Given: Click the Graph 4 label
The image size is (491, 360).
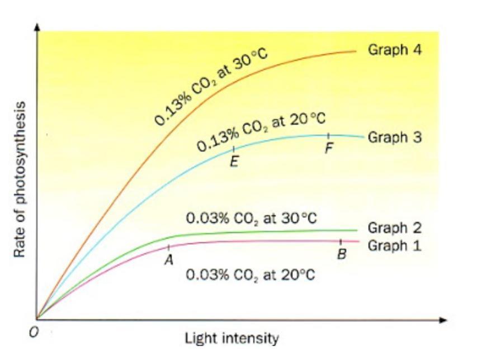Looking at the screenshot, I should [x=394, y=50].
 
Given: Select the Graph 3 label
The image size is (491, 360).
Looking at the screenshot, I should [x=394, y=137].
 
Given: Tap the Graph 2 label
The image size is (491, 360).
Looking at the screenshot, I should [x=394, y=228].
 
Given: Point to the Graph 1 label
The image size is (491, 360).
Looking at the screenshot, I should [x=394, y=245].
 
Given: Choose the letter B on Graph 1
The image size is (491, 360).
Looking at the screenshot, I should [x=341, y=254].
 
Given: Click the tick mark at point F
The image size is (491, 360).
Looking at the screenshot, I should [x=329, y=136].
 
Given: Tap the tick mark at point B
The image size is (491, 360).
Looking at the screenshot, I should [x=341, y=241].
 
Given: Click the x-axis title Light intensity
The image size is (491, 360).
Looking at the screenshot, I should [x=232, y=338].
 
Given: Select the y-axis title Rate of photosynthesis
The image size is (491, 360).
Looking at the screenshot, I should [x=20, y=179].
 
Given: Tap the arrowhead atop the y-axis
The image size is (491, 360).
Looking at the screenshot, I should [x=37, y=27].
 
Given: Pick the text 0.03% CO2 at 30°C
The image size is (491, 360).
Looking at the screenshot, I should [x=252, y=217].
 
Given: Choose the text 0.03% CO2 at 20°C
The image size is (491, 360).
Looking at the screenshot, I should [x=250, y=275].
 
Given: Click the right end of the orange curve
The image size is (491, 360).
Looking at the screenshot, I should [x=356, y=51].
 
